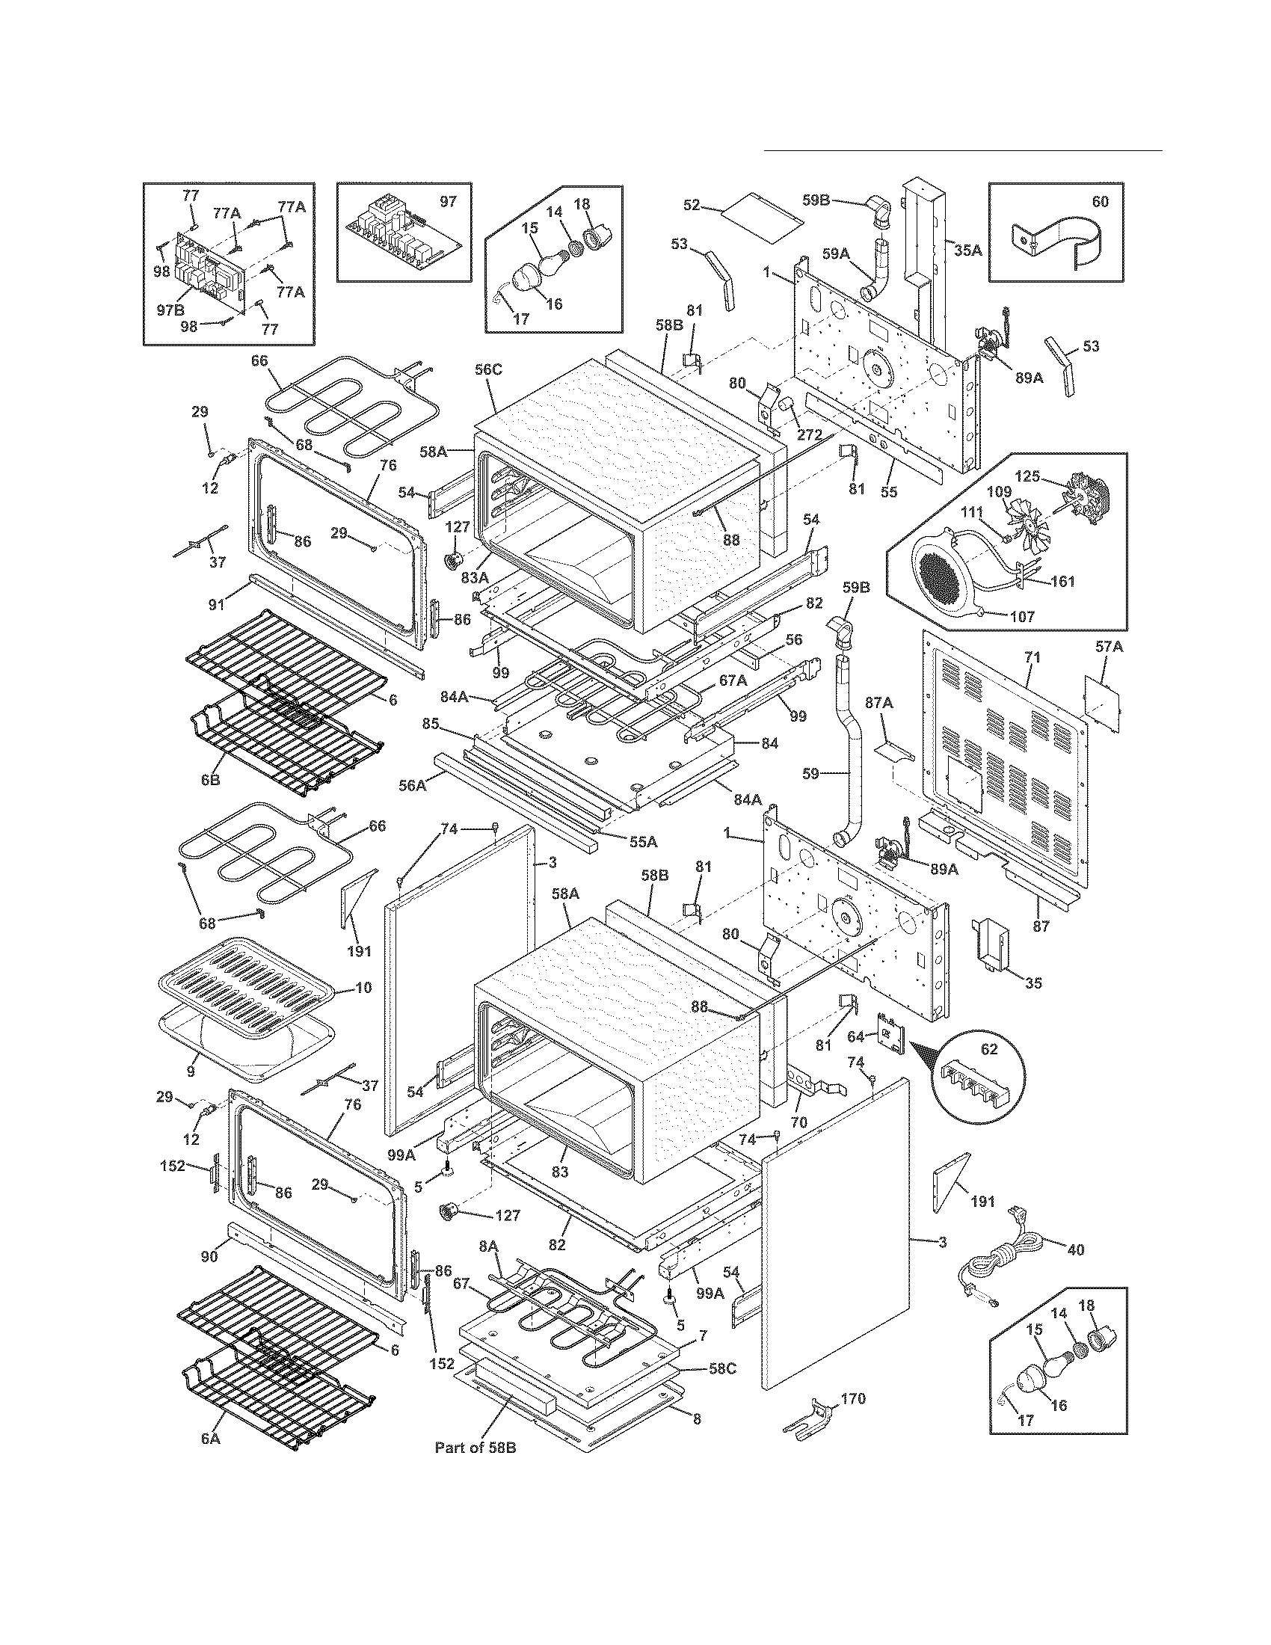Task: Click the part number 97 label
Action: tap(448, 201)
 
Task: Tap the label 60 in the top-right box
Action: tap(1100, 201)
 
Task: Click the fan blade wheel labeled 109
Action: tap(1036, 528)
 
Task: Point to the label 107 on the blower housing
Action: tap(1021, 616)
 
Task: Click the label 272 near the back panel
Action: tap(810, 434)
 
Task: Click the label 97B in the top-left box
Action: tap(170, 311)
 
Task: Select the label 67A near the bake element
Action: tap(732, 680)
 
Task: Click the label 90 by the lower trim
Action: tap(209, 1255)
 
